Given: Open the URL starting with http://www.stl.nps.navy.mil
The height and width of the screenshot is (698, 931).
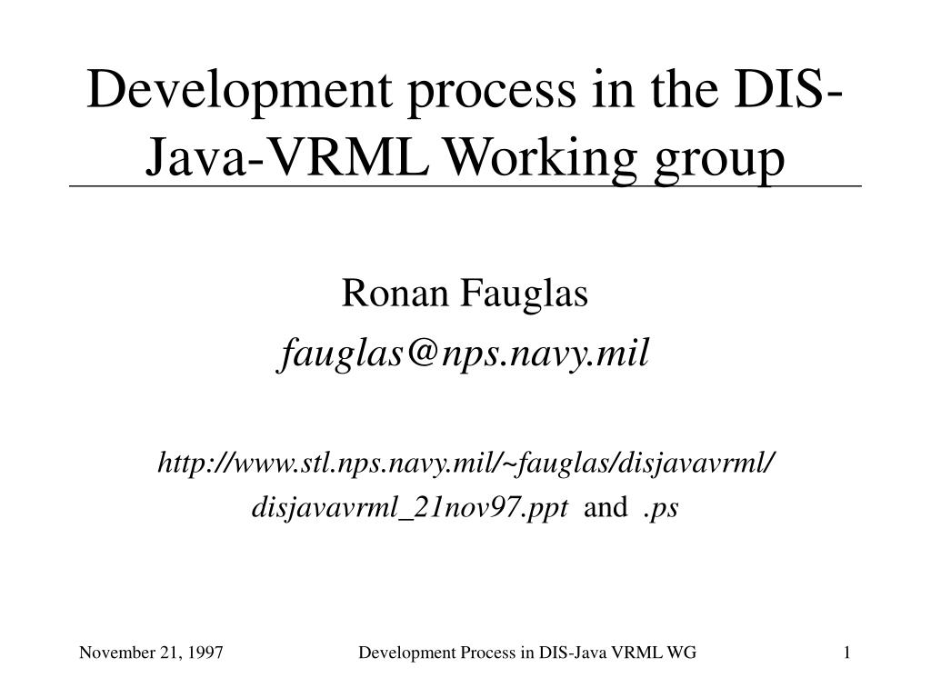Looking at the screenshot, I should point(465,463).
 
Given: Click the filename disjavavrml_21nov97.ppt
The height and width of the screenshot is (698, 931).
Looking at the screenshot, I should point(410,508).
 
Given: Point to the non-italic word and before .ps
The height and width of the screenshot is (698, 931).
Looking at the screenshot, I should point(605,508).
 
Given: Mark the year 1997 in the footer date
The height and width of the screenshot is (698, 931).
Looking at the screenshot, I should point(207,653).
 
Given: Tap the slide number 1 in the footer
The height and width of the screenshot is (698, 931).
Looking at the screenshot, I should point(846,653).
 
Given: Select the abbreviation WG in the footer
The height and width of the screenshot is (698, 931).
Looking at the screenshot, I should point(684,653).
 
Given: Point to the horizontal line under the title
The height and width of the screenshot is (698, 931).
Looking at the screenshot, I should point(465,185).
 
